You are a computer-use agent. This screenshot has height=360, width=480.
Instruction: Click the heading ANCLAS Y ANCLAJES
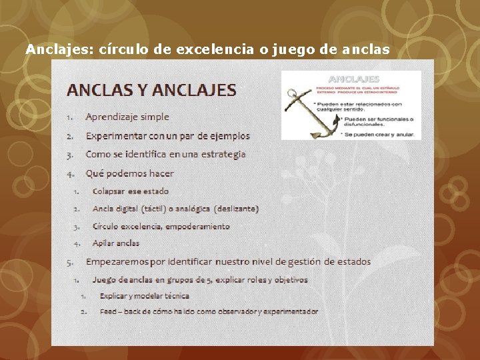[151, 89]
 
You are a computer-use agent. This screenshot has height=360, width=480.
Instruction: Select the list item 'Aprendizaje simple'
[127, 117]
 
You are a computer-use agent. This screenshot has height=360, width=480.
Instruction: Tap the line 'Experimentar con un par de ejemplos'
[167, 135]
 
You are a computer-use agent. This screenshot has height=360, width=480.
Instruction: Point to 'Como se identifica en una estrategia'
[165, 154]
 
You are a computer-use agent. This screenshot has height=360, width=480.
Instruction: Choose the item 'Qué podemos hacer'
[129, 173]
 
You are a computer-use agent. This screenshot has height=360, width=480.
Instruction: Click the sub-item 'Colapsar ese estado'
[131, 191]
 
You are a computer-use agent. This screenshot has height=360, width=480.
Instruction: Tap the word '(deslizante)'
[236, 209]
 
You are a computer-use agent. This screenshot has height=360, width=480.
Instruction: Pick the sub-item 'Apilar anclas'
[116, 243]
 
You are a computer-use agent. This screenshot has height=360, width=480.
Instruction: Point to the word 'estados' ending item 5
[353, 261]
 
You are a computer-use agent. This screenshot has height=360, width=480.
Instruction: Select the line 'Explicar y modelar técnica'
[144, 295]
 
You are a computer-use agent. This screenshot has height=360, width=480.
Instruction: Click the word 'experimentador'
[290, 311]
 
